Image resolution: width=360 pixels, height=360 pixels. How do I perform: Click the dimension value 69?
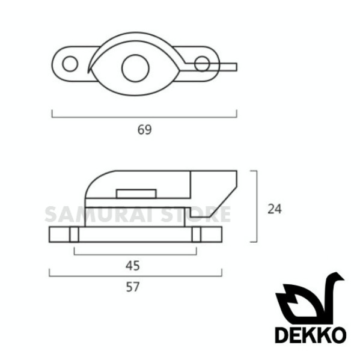pos(144,130)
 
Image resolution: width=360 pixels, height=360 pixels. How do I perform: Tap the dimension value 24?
pos(275,209)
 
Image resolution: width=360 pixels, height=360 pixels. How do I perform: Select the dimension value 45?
pos(133,266)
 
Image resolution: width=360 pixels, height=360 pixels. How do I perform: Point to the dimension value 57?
pos(133,287)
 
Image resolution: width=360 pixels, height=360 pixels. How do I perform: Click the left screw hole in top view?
pos(70,64)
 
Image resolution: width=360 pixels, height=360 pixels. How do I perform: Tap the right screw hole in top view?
pos(202,64)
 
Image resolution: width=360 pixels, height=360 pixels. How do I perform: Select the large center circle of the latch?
pos(135,68)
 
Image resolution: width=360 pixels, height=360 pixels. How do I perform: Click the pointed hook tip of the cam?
pos(88,73)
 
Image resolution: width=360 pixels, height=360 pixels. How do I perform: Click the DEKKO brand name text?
pos(311,335)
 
